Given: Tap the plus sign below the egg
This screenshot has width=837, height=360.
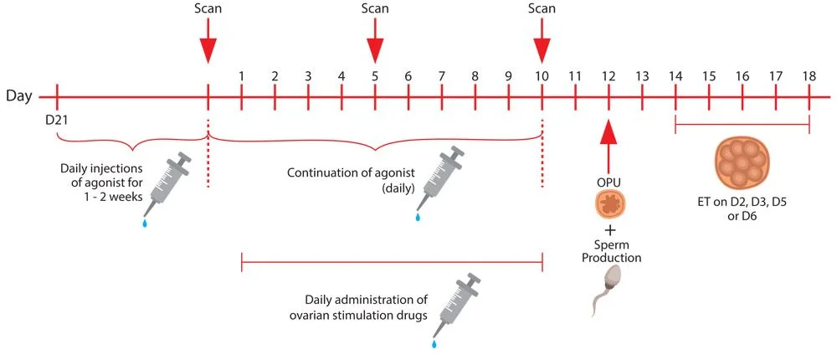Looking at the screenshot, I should tap(610, 229).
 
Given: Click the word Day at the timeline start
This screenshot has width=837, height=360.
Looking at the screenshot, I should tap(20, 95).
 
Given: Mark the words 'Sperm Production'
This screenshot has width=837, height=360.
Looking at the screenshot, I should tap(611, 251).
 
